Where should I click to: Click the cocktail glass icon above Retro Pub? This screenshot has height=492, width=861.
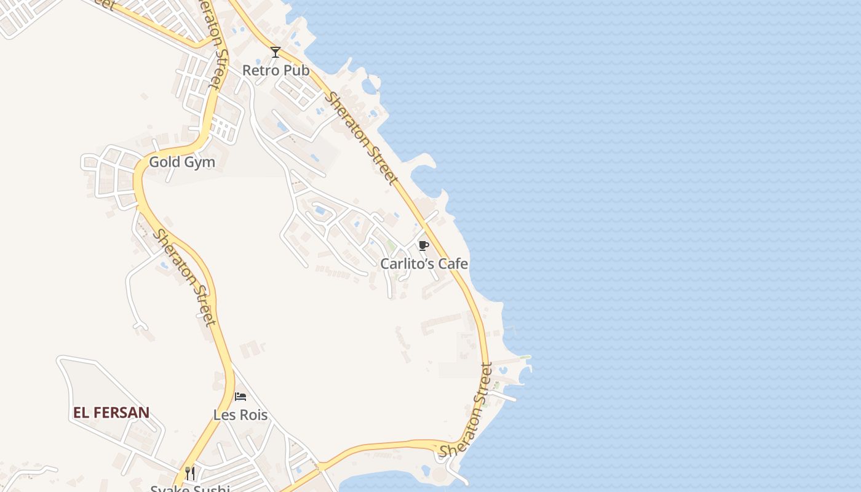(276, 52)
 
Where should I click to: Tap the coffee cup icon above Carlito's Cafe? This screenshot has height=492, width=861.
(423, 246)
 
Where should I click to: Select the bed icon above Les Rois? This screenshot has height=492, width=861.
(240, 397)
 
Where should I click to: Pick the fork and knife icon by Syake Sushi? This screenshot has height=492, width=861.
(190, 473)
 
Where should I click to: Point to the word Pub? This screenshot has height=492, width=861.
(296, 70)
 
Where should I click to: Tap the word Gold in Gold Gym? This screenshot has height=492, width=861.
(165, 162)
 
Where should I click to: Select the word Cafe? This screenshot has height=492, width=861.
(454, 264)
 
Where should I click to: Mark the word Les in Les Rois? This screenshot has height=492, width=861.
(224, 415)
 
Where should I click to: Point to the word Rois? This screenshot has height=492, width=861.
(253, 415)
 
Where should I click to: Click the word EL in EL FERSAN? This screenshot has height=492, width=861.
(81, 413)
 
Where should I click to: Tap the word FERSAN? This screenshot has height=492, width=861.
(122, 413)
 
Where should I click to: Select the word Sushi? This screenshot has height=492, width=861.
(213, 489)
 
